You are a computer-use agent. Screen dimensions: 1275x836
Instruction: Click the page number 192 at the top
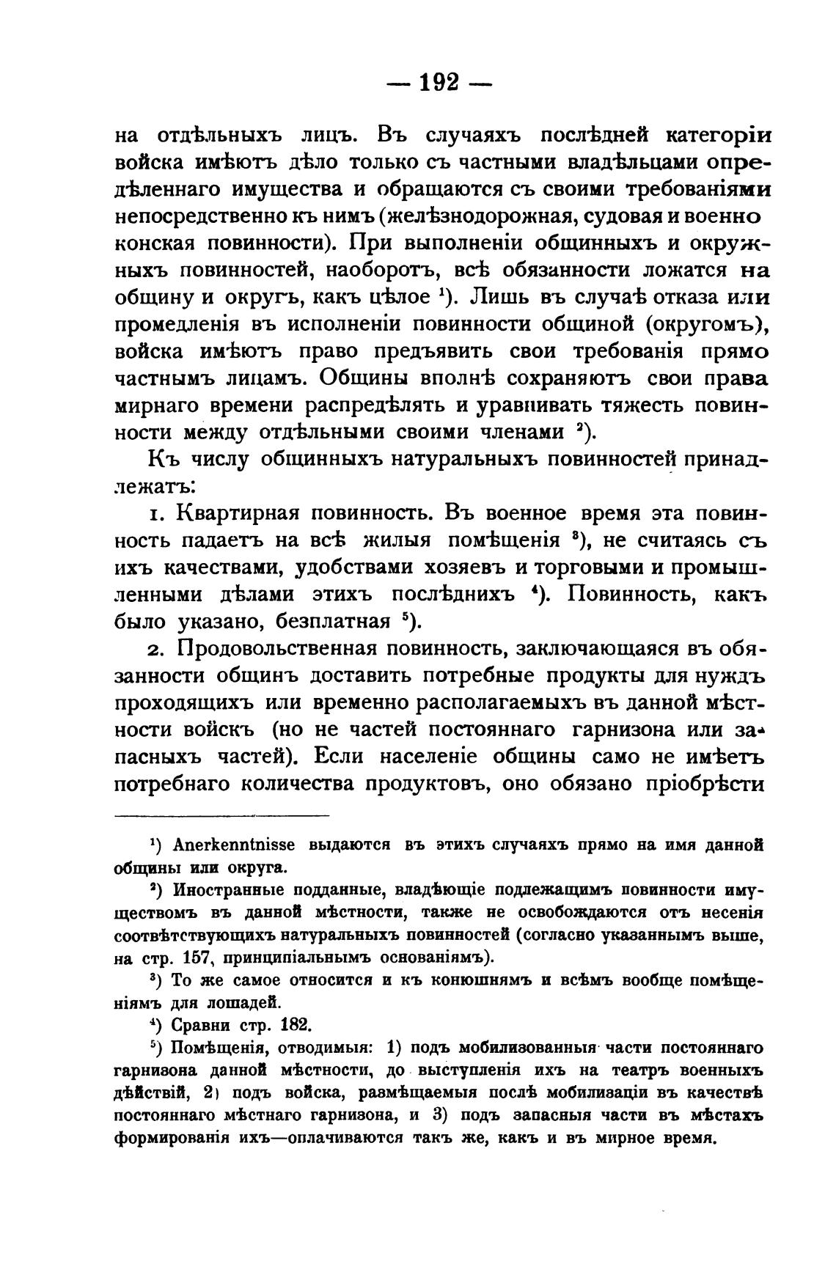pyautogui.click(x=439, y=81)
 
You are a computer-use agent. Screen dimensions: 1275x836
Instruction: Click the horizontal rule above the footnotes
pyautogui.click(x=222, y=815)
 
